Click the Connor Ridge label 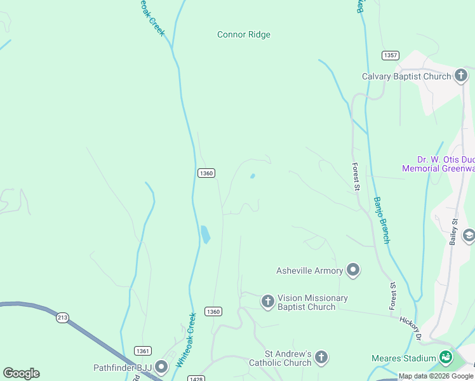click(x=244, y=35)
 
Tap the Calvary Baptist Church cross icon click(x=461, y=76)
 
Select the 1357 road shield click(x=391, y=55)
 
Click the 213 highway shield click(x=62, y=318)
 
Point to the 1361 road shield click(x=142, y=351)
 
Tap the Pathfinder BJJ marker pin click(x=161, y=367)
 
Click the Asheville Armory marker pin click(x=353, y=271)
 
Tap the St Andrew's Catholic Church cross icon click(x=322, y=358)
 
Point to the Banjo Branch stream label click(x=381, y=220)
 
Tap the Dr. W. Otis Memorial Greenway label click(x=438, y=164)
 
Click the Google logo click(x=21, y=373)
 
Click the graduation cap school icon click(x=469, y=236)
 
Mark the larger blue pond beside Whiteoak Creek click(x=205, y=234)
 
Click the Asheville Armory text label click(x=309, y=271)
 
